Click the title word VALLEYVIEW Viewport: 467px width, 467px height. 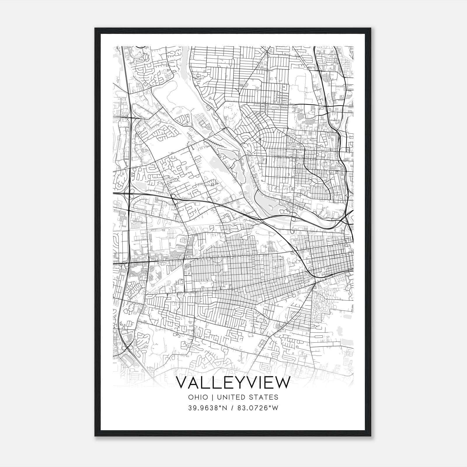(233, 383)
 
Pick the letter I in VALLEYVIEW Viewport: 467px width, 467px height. (259, 383)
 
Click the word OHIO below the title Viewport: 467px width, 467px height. (198, 397)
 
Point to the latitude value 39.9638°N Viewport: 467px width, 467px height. (208, 408)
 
